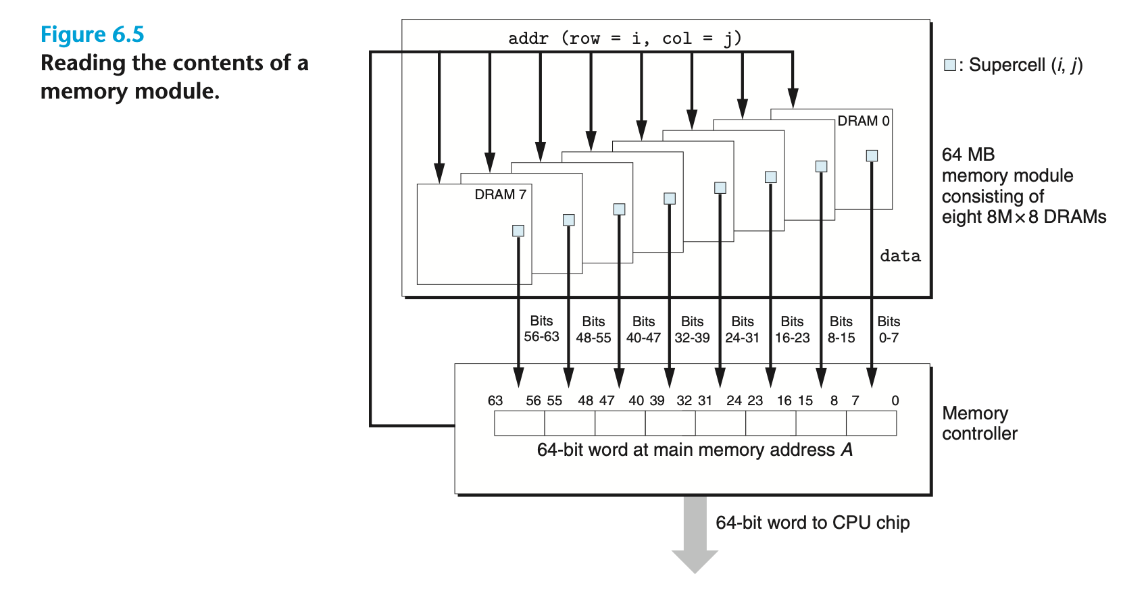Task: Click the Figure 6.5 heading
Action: click(x=93, y=34)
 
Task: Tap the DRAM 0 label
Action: click(x=864, y=121)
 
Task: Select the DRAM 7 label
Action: click(x=500, y=194)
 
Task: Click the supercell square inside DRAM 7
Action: click(x=518, y=230)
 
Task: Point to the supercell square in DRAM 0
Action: click(x=872, y=155)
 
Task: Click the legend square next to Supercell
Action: click(x=949, y=65)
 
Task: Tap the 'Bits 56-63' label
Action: click(x=541, y=329)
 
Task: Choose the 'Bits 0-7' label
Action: click(x=889, y=330)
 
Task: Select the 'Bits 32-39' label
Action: click(x=692, y=330)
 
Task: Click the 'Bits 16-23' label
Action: click(x=792, y=330)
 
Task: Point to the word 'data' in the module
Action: click(x=901, y=256)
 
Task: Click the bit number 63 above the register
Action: click(x=495, y=400)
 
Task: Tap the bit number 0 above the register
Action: click(x=895, y=400)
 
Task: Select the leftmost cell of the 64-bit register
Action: click(x=520, y=423)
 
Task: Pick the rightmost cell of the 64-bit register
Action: click(x=872, y=423)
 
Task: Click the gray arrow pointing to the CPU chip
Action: click(x=695, y=534)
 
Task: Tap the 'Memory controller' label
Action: click(x=980, y=423)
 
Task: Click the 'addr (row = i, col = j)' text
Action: click(x=624, y=38)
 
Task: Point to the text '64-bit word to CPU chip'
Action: click(x=812, y=523)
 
